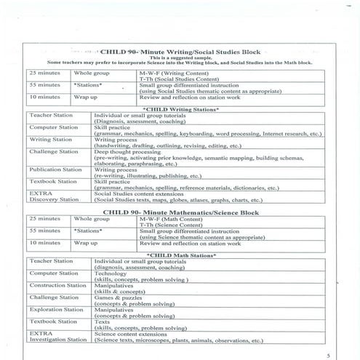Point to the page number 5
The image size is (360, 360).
click(x=328, y=354)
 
